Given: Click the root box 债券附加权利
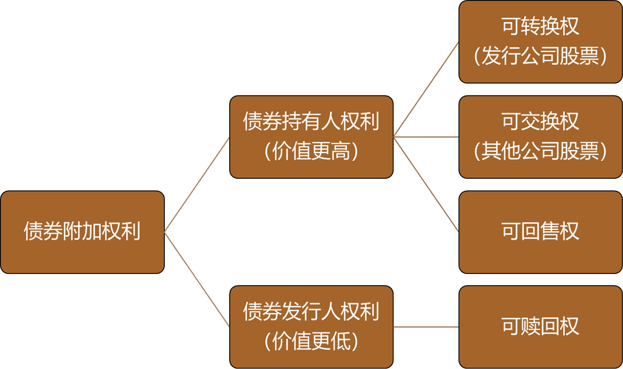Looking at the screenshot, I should [82, 232].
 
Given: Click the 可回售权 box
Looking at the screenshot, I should [540, 232].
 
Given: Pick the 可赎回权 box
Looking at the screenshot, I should [540, 327].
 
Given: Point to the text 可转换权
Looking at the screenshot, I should [540, 27].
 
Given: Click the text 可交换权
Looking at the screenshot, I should [540, 122].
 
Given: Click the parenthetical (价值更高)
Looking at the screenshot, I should [311, 152].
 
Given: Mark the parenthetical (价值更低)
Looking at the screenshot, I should [311, 342].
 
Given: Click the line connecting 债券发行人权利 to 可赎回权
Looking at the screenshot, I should [426, 327].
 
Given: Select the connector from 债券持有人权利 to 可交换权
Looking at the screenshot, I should [426, 137].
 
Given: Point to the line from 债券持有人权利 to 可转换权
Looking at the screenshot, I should [426, 90].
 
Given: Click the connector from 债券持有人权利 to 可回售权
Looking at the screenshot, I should [426, 184].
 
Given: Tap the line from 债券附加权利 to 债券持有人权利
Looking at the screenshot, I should [197, 184].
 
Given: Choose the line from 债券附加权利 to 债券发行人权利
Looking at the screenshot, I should [197, 279].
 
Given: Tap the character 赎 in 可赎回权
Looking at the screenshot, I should [530, 327].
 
